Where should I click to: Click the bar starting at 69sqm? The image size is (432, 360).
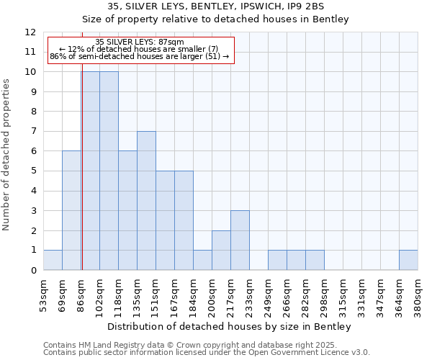click(71, 210)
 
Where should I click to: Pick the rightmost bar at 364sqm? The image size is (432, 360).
click(408, 260)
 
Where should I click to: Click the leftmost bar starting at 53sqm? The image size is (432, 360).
click(53, 260)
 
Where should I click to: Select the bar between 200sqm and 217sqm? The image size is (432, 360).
click(221, 250)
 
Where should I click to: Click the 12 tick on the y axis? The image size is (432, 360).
click(30, 32)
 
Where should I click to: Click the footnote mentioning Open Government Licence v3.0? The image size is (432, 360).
click(207, 353)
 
